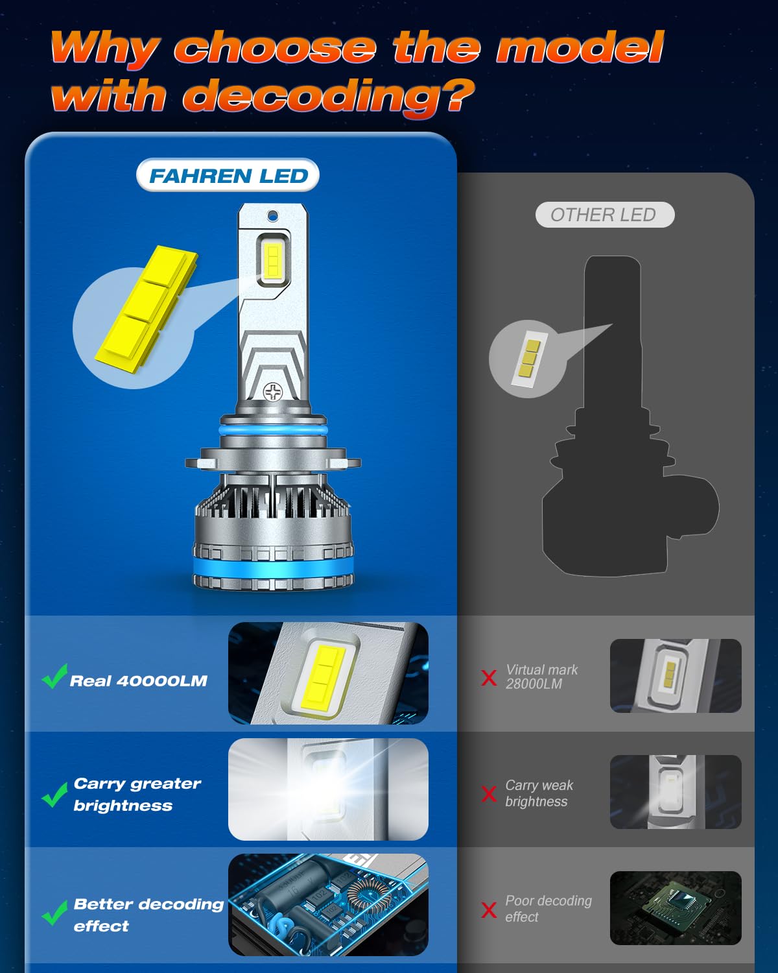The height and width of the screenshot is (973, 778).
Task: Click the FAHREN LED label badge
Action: pos(228,175)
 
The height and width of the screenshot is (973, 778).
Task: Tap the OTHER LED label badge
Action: pos(604,215)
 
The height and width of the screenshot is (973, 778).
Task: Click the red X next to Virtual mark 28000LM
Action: pos(489,678)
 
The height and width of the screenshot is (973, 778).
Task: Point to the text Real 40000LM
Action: pos(138,680)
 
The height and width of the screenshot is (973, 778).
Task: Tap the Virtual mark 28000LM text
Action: pos(541,677)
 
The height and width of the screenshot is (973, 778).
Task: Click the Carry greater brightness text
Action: pos(137,794)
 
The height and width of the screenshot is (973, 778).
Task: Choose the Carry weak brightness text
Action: pos(539,793)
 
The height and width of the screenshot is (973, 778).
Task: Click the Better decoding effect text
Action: pos(148,915)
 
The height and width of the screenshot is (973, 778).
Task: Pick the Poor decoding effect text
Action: pos(548,908)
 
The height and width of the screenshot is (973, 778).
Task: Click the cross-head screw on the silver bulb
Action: pos(273,391)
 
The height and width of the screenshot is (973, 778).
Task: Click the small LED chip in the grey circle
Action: pos(527,359)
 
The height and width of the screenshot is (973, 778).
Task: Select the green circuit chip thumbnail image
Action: pos(675,907)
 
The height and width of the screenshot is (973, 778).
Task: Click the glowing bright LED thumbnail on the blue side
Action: pos(328,789)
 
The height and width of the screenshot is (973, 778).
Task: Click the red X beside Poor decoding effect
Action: pos(489,909)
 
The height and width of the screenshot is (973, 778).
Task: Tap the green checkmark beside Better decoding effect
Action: pos(54,913)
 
